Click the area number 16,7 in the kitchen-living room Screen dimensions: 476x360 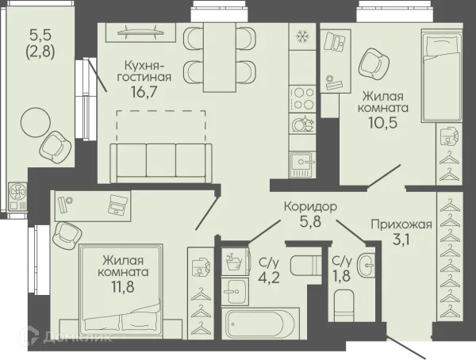click(144, 91)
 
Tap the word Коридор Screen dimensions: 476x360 click(310, 207)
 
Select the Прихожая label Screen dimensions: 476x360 click(401, 224)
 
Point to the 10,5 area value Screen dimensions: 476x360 click(383, 122)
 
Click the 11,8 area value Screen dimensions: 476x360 click(123, 286)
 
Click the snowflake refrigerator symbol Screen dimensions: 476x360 click(303, 36)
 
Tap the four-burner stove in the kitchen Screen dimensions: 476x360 click(303, 99)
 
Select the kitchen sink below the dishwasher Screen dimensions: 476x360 click(303, 164)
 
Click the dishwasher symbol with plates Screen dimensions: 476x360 click(303, 123)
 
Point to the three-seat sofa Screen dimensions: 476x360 click(161, 163)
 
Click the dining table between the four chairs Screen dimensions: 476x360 click(220, 57)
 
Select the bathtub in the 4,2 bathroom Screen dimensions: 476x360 click(260, 324)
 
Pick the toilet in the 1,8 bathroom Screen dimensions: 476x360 click(344, 305)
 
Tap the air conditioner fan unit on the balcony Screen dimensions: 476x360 click(17, 197)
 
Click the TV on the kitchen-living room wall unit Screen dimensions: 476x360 click(140, 33)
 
